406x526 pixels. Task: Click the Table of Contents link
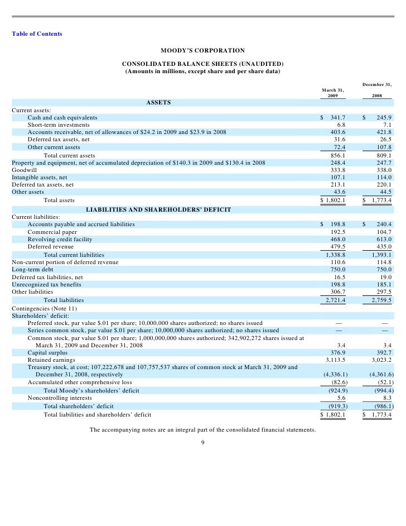coord(37,34)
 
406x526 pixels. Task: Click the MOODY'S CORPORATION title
coord(202,51)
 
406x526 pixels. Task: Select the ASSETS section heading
coord(158,103)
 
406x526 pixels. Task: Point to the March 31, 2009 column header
coord(333,93)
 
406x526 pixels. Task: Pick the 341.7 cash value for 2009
coord(338,118)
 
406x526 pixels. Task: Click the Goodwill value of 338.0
coord(384,169)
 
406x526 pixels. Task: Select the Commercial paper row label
coord(52,232)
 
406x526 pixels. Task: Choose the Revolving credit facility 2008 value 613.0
coord(384,239)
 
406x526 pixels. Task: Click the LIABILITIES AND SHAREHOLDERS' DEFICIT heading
coord(158,210)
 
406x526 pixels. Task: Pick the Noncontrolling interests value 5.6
coord(341,398)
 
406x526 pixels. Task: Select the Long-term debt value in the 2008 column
coord(384,269)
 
